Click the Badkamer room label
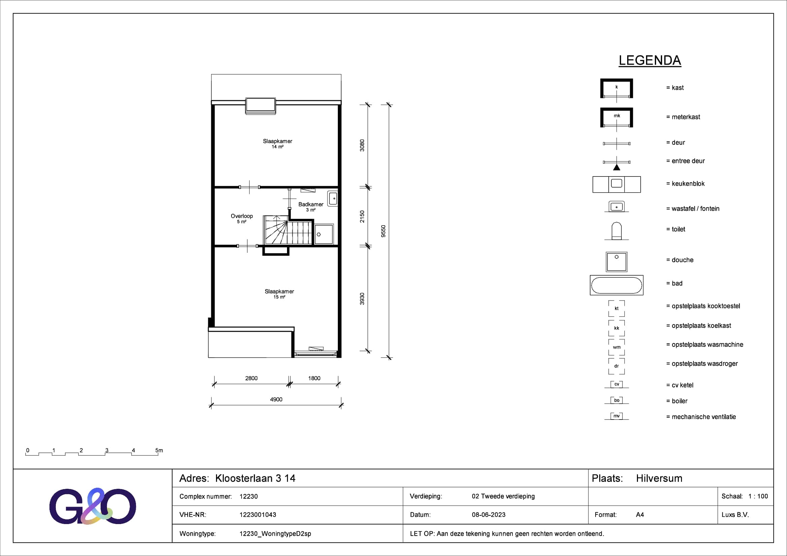[311, 204]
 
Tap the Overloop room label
[242, 216]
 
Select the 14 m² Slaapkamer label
[278, 144]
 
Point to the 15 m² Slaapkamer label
[279, 294]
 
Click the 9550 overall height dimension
[383, 231]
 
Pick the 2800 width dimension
[251, 378]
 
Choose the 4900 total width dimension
[276, 400]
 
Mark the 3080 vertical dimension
[362, 146]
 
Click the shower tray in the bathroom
[324, 234]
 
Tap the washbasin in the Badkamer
[332, 199]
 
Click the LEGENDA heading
[650, 61]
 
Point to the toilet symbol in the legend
[617, 231]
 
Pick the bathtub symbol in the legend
[617, 285]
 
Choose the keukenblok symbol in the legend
[617, 184]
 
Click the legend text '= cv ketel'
[680, 385]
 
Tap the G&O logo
[93, 506]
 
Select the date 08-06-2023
[489, 515]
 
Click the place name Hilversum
[659, 478]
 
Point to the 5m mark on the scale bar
[159, 450]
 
